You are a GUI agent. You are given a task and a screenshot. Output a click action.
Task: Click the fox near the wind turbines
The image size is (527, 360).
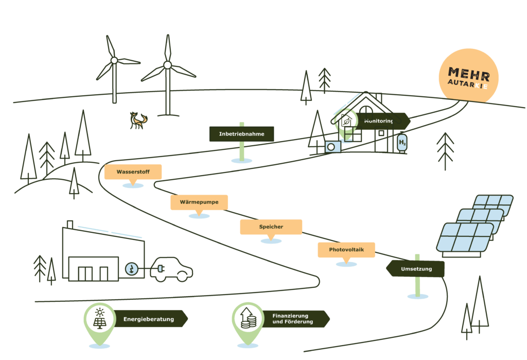click(x=137, y=121)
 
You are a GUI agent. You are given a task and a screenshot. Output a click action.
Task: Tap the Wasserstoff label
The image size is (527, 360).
click(x=133, y=172)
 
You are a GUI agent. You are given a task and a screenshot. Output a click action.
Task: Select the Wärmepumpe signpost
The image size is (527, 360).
click(x=199, y=202)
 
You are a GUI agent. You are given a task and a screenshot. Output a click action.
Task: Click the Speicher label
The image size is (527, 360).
click(x=271, y=227)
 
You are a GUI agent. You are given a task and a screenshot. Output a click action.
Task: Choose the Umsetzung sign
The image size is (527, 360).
click(x=416, y=269)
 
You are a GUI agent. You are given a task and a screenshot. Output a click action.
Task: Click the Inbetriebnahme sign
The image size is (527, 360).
click(x=241, y=134)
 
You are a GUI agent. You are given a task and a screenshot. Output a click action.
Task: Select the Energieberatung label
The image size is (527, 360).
click(x=149, y=319)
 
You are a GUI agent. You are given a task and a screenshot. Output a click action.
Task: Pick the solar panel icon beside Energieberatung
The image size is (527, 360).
click(x=99, y=318)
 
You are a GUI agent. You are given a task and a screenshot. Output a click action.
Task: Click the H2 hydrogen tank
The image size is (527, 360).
click(x=402, y=142)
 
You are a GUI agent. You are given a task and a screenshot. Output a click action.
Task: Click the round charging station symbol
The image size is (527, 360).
click(x=132, y=268)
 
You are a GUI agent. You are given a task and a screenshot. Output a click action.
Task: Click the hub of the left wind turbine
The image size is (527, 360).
click(x=114, y=60)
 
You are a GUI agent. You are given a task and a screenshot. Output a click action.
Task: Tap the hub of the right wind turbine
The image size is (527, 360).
click(x=167, y=65)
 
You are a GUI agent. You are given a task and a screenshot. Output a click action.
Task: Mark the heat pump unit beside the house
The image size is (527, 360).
click(x=332, y=147)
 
